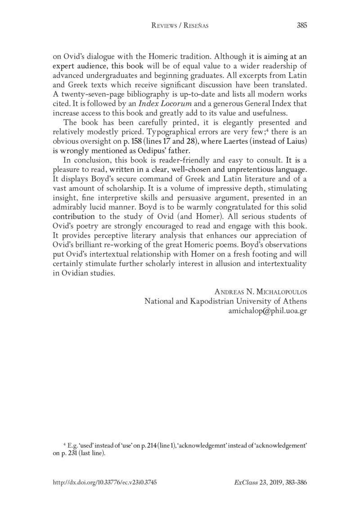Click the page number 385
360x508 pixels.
click(301, 26)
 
